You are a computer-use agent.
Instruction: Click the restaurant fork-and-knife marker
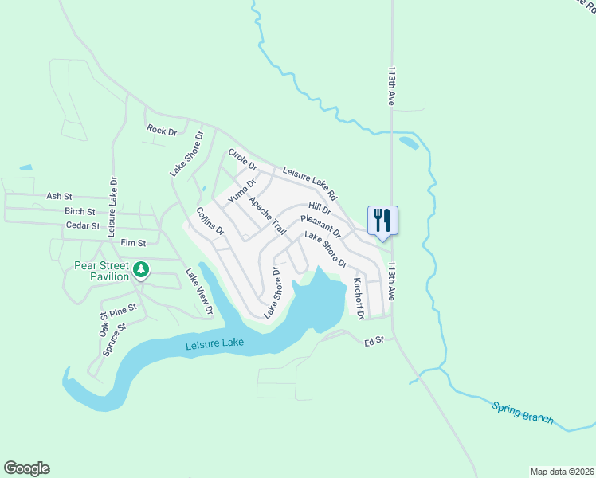pos(382,220)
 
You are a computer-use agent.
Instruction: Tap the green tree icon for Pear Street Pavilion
pos(141,270)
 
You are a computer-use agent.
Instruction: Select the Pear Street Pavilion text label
pos(101,271)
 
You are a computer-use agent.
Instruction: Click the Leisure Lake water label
pos(214,345)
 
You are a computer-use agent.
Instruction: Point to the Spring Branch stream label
pos(522,413)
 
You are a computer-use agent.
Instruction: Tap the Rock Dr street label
pos(162,130)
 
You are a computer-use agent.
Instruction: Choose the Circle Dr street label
pos(243,159)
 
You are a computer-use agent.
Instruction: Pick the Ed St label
pos(374,341)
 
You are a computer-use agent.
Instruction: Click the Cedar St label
pos(82,226)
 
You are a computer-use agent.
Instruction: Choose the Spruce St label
pos(115,339)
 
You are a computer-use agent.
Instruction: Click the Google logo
pos(26,468)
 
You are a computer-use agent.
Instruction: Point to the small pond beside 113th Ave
pos(409,143)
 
